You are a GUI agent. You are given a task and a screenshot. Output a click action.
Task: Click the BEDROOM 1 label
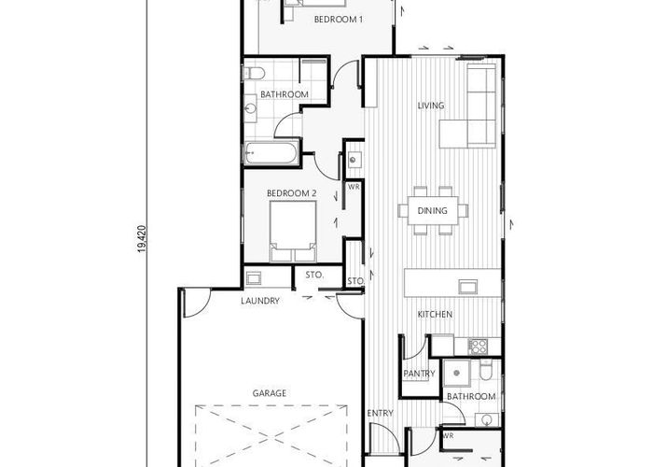coord(338,19)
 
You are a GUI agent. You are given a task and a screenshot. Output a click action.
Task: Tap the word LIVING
coord(430,106)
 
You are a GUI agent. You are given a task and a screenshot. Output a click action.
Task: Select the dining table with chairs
coord(432,210)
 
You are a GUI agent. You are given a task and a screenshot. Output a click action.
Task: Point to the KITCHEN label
coord(435,315)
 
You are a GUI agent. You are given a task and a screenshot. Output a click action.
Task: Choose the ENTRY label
coord(380,413)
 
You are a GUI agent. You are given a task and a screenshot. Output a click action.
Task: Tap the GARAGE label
coord(269,393)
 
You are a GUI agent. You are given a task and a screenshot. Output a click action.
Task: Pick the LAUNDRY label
coord(260,301)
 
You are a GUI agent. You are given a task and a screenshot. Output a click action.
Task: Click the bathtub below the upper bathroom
coord(271,153)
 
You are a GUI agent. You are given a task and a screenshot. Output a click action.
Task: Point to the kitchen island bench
coord(452,282)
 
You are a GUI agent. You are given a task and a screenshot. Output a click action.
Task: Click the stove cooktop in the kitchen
coord(478,347)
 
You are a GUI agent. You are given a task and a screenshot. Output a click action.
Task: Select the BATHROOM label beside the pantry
coord(471,396)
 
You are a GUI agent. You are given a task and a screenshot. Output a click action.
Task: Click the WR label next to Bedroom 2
coord(354,186)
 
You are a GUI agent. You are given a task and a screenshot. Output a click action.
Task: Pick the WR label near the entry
coord(448,435)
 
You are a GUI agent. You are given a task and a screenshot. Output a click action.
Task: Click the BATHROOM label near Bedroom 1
coord(285,94)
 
